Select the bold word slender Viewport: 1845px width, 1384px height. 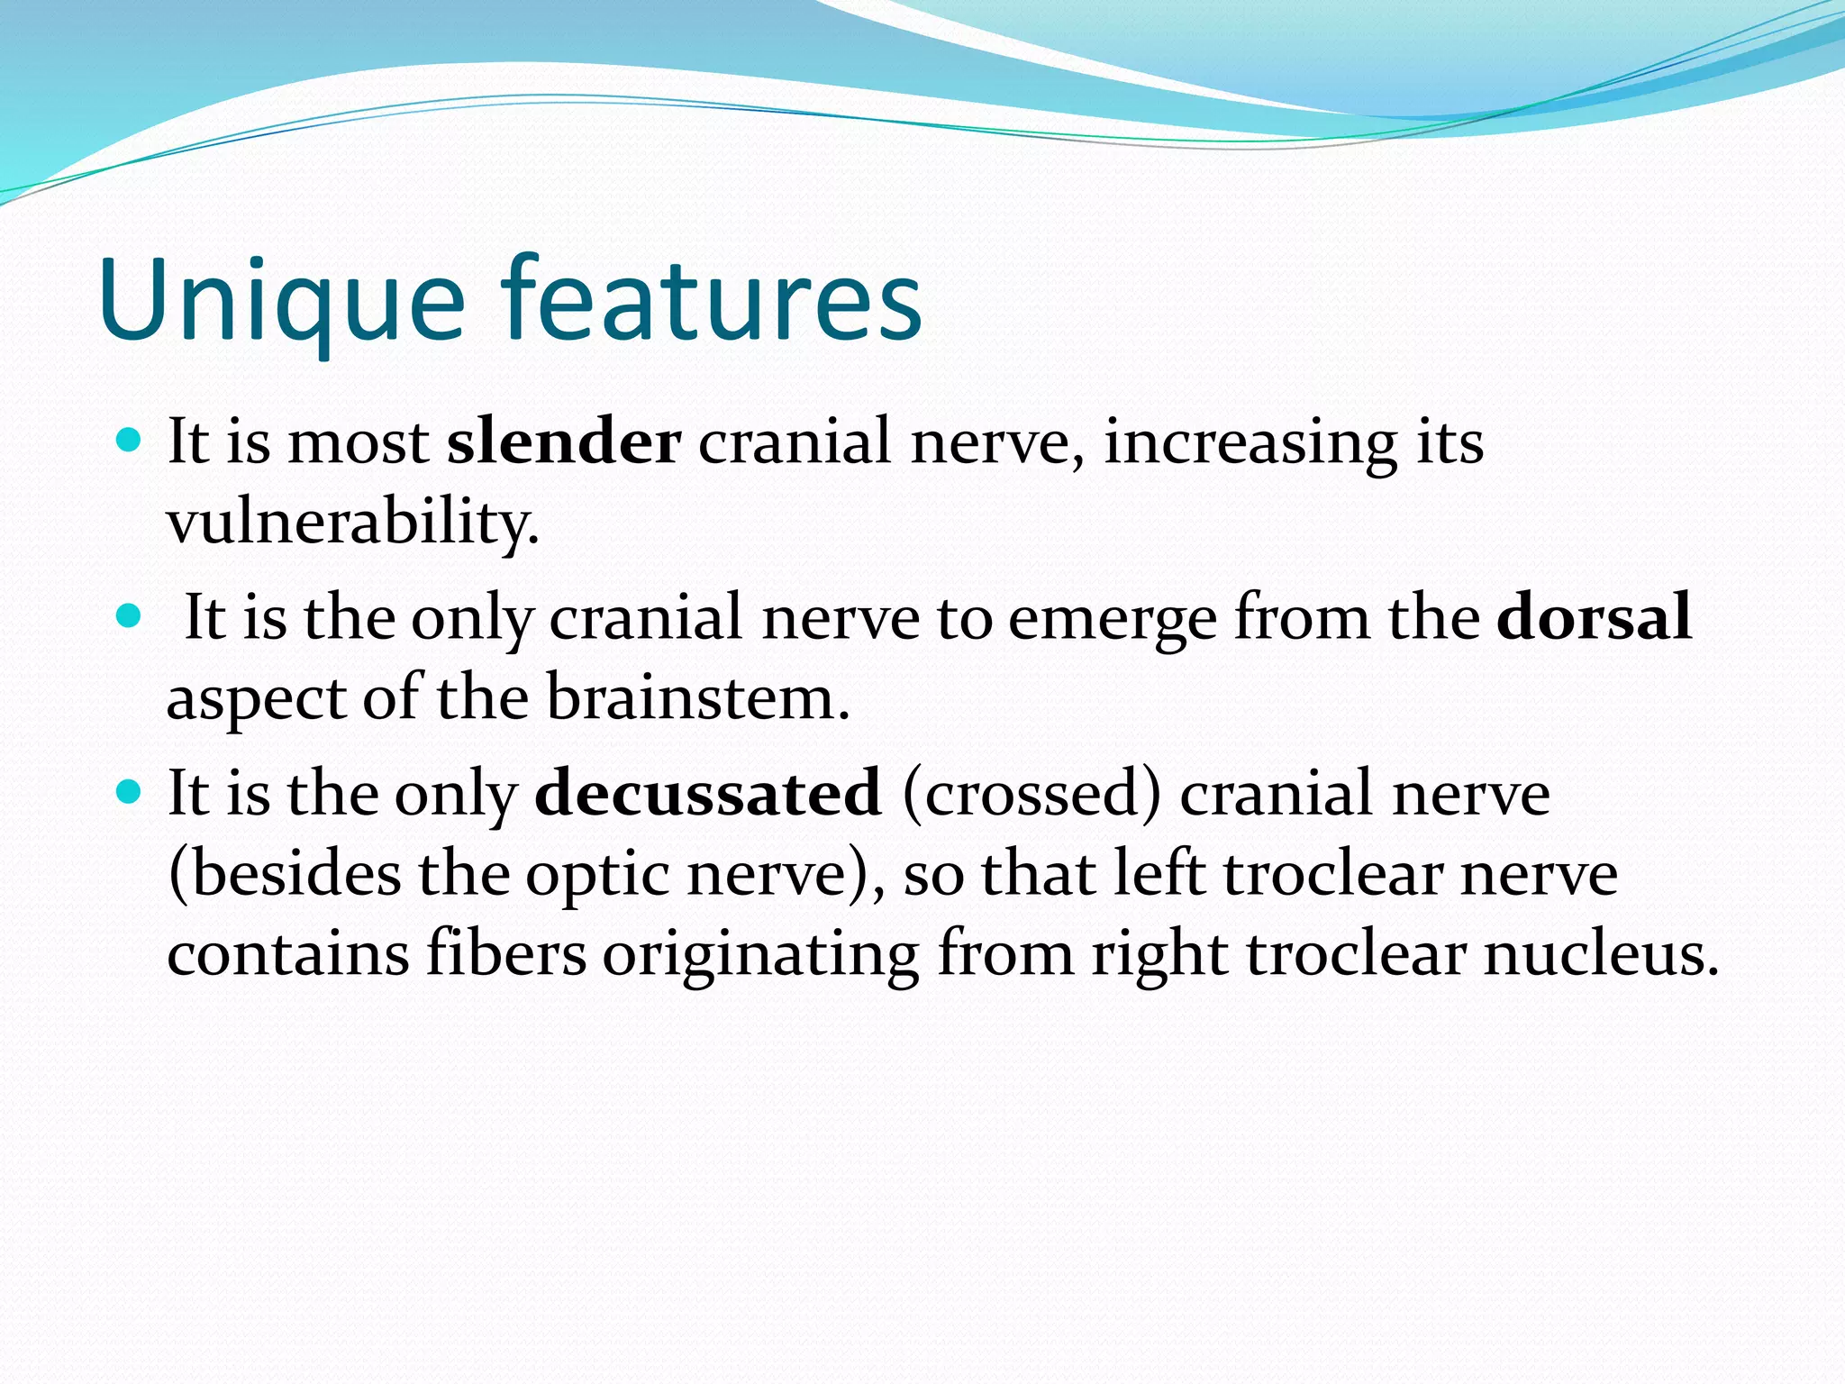[x=564, y=442]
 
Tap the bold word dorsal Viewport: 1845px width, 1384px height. [x=1593, y=617]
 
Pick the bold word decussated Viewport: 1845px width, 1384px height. [x=708, y=793]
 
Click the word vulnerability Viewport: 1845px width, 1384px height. [x=353, y=523]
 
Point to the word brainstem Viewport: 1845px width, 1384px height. [x=698, y=698]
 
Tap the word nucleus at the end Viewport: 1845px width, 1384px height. [x=1601, y=953]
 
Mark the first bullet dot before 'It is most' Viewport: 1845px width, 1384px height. [x=131, y=441]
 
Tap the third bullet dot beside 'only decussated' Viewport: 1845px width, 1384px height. [x=131, y=792]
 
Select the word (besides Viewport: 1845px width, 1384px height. [x=285, y=874]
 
